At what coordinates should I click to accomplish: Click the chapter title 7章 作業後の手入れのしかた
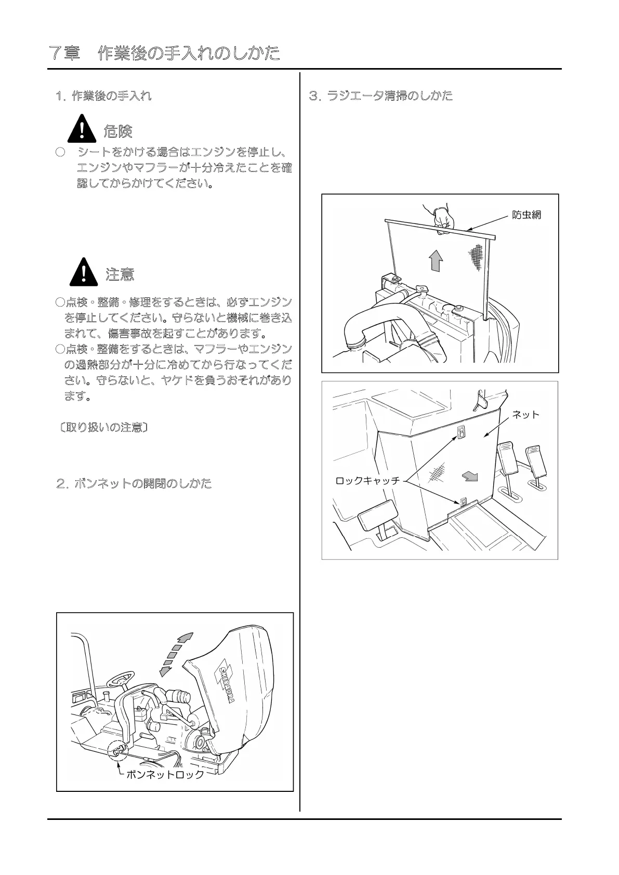pyautogui.click(x=164, y=53)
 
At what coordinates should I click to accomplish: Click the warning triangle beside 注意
pyautogui.click(x=84, y=272)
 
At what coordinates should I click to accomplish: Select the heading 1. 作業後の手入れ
pyautogui.click(x=103, y=96)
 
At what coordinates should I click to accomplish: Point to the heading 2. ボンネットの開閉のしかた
pyautogui.click(x=134, y=484)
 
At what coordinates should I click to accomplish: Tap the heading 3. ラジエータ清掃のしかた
pyautogui.click(x=380, y=96)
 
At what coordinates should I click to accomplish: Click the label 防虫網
pyautogui.click(x=526, y=215)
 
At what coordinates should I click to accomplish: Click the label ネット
pyautogui.click(x=526, y=414)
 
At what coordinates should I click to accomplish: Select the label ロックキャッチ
pyautogui.click(x=367, y=481)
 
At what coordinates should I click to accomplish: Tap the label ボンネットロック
pyautogui.click(x=165, y=775)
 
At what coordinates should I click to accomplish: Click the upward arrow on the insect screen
pyautogui.click(x=436, y=259)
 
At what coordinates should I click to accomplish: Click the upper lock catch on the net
pyautogui.click(x=461, y=432)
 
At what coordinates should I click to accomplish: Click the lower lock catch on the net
pyautogui.click(x=464, y=502)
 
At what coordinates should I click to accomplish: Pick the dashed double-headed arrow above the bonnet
pyautogui.click(x=176, y=654)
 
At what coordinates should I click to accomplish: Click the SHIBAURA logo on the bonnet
pyautogui.click(x=227, y=684)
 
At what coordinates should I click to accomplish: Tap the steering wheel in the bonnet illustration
pyautogui.click(x=120, y=679)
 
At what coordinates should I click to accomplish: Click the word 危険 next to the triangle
pyautogui.click(x=118, y=131)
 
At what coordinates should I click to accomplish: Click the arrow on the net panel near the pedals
pyautogui.click(x=470, y=476)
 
